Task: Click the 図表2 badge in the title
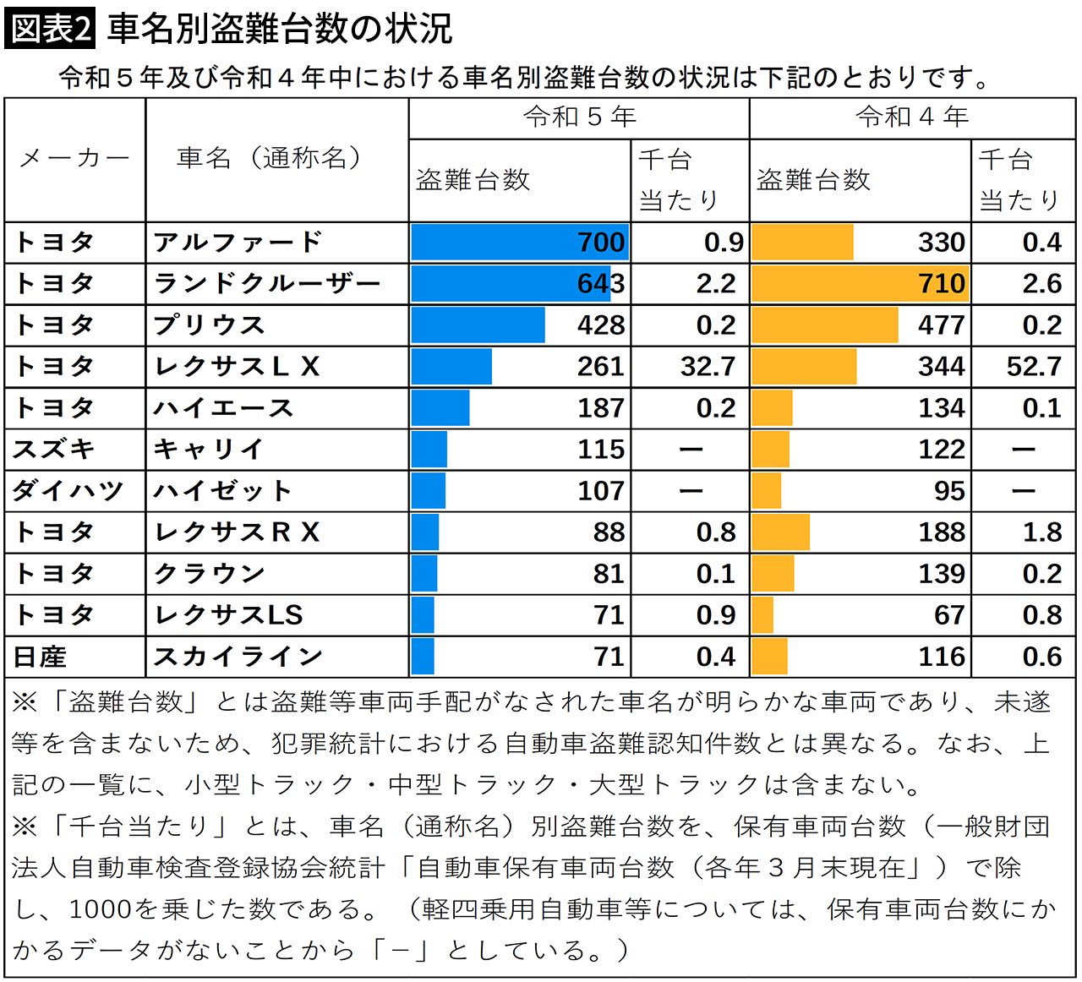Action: coord(50,28)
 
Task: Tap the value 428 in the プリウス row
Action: coord(600,325)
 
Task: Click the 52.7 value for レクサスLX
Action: coord(1034,367)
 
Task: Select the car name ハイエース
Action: coord(223,408)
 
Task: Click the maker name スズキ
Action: coord(53,450)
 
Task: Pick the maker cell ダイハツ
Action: coord(68,491)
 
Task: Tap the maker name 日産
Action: coord(40,657)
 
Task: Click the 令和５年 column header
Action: coord(579,117)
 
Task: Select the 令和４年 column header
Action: coord(911,117)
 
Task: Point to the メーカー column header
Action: coord(74,158)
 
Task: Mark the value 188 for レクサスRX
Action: coord(941,532)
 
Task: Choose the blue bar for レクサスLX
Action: coord(451,367)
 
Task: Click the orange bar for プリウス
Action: coord(824,325)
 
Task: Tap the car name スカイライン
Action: coord(238,657)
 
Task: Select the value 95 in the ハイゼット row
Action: coord(949,491)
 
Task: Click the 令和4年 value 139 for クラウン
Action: coord(941,574)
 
